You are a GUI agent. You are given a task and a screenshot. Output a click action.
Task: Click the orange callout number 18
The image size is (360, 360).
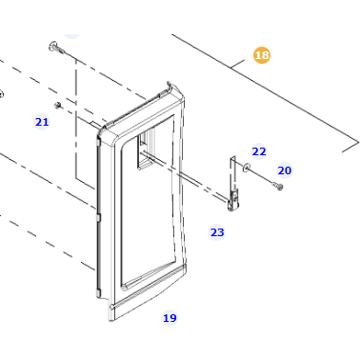coord(262,55)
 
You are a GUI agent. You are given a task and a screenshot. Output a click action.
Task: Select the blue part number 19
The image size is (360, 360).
coord(170,318)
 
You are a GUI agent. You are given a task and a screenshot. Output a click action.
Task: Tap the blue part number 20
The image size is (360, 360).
coord(285,170)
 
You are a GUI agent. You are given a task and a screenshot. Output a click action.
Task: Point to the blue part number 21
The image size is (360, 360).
coord(42,122)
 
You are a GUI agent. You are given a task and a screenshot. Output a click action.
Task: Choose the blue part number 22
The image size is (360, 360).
coord(259,151)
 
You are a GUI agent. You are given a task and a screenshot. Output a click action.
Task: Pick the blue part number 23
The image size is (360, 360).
coord(217,232)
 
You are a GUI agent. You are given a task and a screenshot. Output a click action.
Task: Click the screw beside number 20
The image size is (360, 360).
coord(278,186)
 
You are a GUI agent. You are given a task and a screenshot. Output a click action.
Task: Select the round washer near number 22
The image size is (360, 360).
coord(246,168)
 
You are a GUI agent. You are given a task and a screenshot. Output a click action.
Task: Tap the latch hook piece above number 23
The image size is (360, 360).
coord(232,184)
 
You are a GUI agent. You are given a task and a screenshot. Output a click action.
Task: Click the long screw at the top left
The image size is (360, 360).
coord(57,48)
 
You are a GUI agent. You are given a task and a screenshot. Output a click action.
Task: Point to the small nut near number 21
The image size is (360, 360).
coord(57,105)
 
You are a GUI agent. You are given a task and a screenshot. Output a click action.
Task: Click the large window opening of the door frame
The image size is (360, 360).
coord(148,203)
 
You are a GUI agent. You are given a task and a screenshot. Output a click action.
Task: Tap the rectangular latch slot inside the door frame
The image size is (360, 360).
coord(146,151)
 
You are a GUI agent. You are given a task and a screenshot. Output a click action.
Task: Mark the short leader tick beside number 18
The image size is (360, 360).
coord(237,64)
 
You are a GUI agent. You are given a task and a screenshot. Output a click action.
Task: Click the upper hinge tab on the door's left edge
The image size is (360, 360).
coord(98,140)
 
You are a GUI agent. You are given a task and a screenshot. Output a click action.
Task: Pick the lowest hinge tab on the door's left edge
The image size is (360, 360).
coord(98,293)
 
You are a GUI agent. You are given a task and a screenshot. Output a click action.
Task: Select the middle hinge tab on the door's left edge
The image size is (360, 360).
coord(98,217)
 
